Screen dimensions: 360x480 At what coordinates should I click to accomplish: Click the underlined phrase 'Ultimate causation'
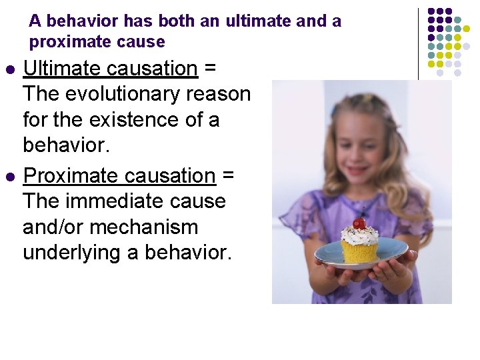[110, 69]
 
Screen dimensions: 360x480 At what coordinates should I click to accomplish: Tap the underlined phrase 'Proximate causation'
[119, 176]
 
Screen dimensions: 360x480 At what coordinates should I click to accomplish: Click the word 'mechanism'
[143, 228]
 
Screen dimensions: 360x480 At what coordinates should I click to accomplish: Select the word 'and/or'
[53, 228]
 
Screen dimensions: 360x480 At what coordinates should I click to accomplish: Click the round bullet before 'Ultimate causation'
[9, 70]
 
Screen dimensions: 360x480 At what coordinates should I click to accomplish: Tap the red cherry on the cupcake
[359, 223]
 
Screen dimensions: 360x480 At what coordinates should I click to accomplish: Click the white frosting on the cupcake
[360, 235]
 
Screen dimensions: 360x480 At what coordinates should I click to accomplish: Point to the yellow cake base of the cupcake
[360, 252]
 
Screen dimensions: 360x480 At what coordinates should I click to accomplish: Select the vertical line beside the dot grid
[419, 43]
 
